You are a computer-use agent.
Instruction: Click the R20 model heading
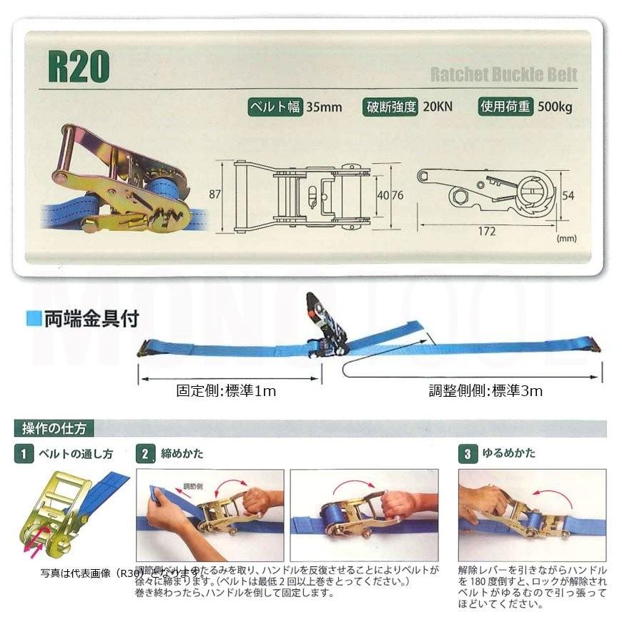coord(79,66)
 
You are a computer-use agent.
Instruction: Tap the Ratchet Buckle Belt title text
coord(503,74)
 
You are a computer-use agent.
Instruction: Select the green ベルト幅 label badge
coord(275,107)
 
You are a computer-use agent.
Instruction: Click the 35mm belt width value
coord(324,108)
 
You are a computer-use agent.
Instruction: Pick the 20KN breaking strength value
coord(438,108)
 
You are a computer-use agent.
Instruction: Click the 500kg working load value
coord(555,108)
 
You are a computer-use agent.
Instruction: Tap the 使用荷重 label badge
coord(505,107)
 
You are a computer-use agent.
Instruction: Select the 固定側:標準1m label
coord(226,391)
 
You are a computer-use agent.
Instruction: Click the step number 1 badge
coord(23,453)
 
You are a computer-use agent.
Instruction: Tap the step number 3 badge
coord(467,453)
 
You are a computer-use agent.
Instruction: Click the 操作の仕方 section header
coord(54,429)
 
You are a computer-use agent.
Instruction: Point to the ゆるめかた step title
coord(509,453)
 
